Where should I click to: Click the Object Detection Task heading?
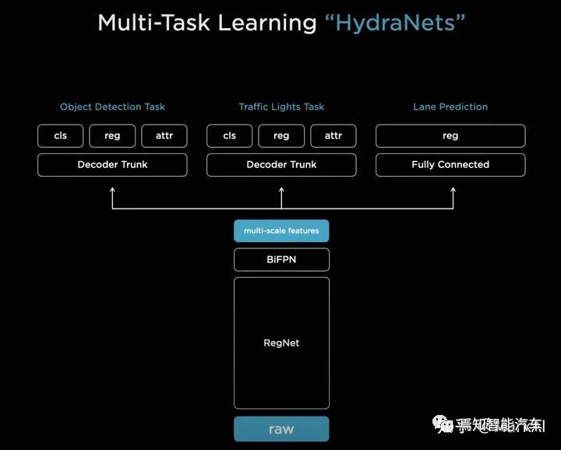coord(112,107)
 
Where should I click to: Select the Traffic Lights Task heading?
coord(281,107)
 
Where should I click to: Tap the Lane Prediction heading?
coord(450,107)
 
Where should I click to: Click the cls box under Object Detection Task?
coord(61,135)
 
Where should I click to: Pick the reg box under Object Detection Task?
coord(112,135)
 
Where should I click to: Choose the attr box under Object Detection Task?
coord(164,135)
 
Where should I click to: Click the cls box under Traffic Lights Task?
coord(230,135)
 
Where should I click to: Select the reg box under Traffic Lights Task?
coord(281,135)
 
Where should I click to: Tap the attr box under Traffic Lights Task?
coord(333,135)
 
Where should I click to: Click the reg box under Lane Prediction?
coord(450,135)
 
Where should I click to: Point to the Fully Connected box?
coord(450,165)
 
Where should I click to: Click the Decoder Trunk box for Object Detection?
coord(112,165)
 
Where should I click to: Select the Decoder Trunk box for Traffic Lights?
coord(281,165)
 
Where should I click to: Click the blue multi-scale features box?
coord(281,231)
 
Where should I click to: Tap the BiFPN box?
coord(281,259)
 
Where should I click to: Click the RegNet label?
coord(281,343)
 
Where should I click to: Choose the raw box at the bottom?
coord(281,429)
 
